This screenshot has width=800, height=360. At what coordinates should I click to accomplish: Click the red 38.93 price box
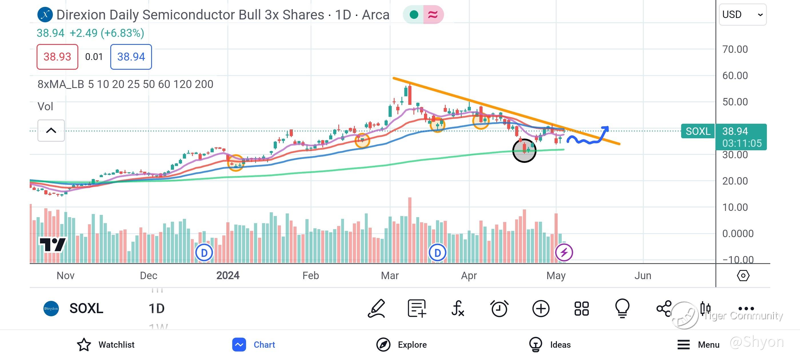coord(57,57)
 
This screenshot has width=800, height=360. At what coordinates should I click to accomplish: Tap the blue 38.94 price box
coord(131,57)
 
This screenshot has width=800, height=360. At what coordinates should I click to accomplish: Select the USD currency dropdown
coord(742,15)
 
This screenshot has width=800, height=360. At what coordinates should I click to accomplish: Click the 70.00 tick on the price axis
coord(735,49)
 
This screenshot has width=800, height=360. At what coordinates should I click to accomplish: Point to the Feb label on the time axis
coord(311,275)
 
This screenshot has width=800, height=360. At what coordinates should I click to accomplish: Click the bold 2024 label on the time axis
coord(228,275)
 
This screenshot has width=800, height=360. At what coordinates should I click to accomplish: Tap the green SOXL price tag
coord(698,131)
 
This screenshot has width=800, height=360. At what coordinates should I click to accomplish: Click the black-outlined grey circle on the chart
coord(524,151)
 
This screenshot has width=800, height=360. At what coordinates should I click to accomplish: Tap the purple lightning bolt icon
coord(564,252)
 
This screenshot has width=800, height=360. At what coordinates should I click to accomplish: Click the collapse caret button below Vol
coord(51,131)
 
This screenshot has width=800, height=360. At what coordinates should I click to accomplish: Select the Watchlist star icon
coord(84,345)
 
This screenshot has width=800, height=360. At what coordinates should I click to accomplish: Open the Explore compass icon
coord(383,345)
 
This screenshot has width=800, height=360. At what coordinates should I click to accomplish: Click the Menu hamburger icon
coord(683,345)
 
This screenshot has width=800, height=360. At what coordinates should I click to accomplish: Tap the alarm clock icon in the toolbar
coord(499,309)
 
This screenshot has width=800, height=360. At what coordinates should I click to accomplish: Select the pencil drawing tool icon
coord(376,309)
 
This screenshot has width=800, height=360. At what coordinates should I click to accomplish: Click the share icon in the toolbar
coord(664,309)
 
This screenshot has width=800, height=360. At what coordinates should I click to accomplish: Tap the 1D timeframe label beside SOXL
coord(157,309)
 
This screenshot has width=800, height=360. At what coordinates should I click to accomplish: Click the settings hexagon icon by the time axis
coord(743,275)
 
